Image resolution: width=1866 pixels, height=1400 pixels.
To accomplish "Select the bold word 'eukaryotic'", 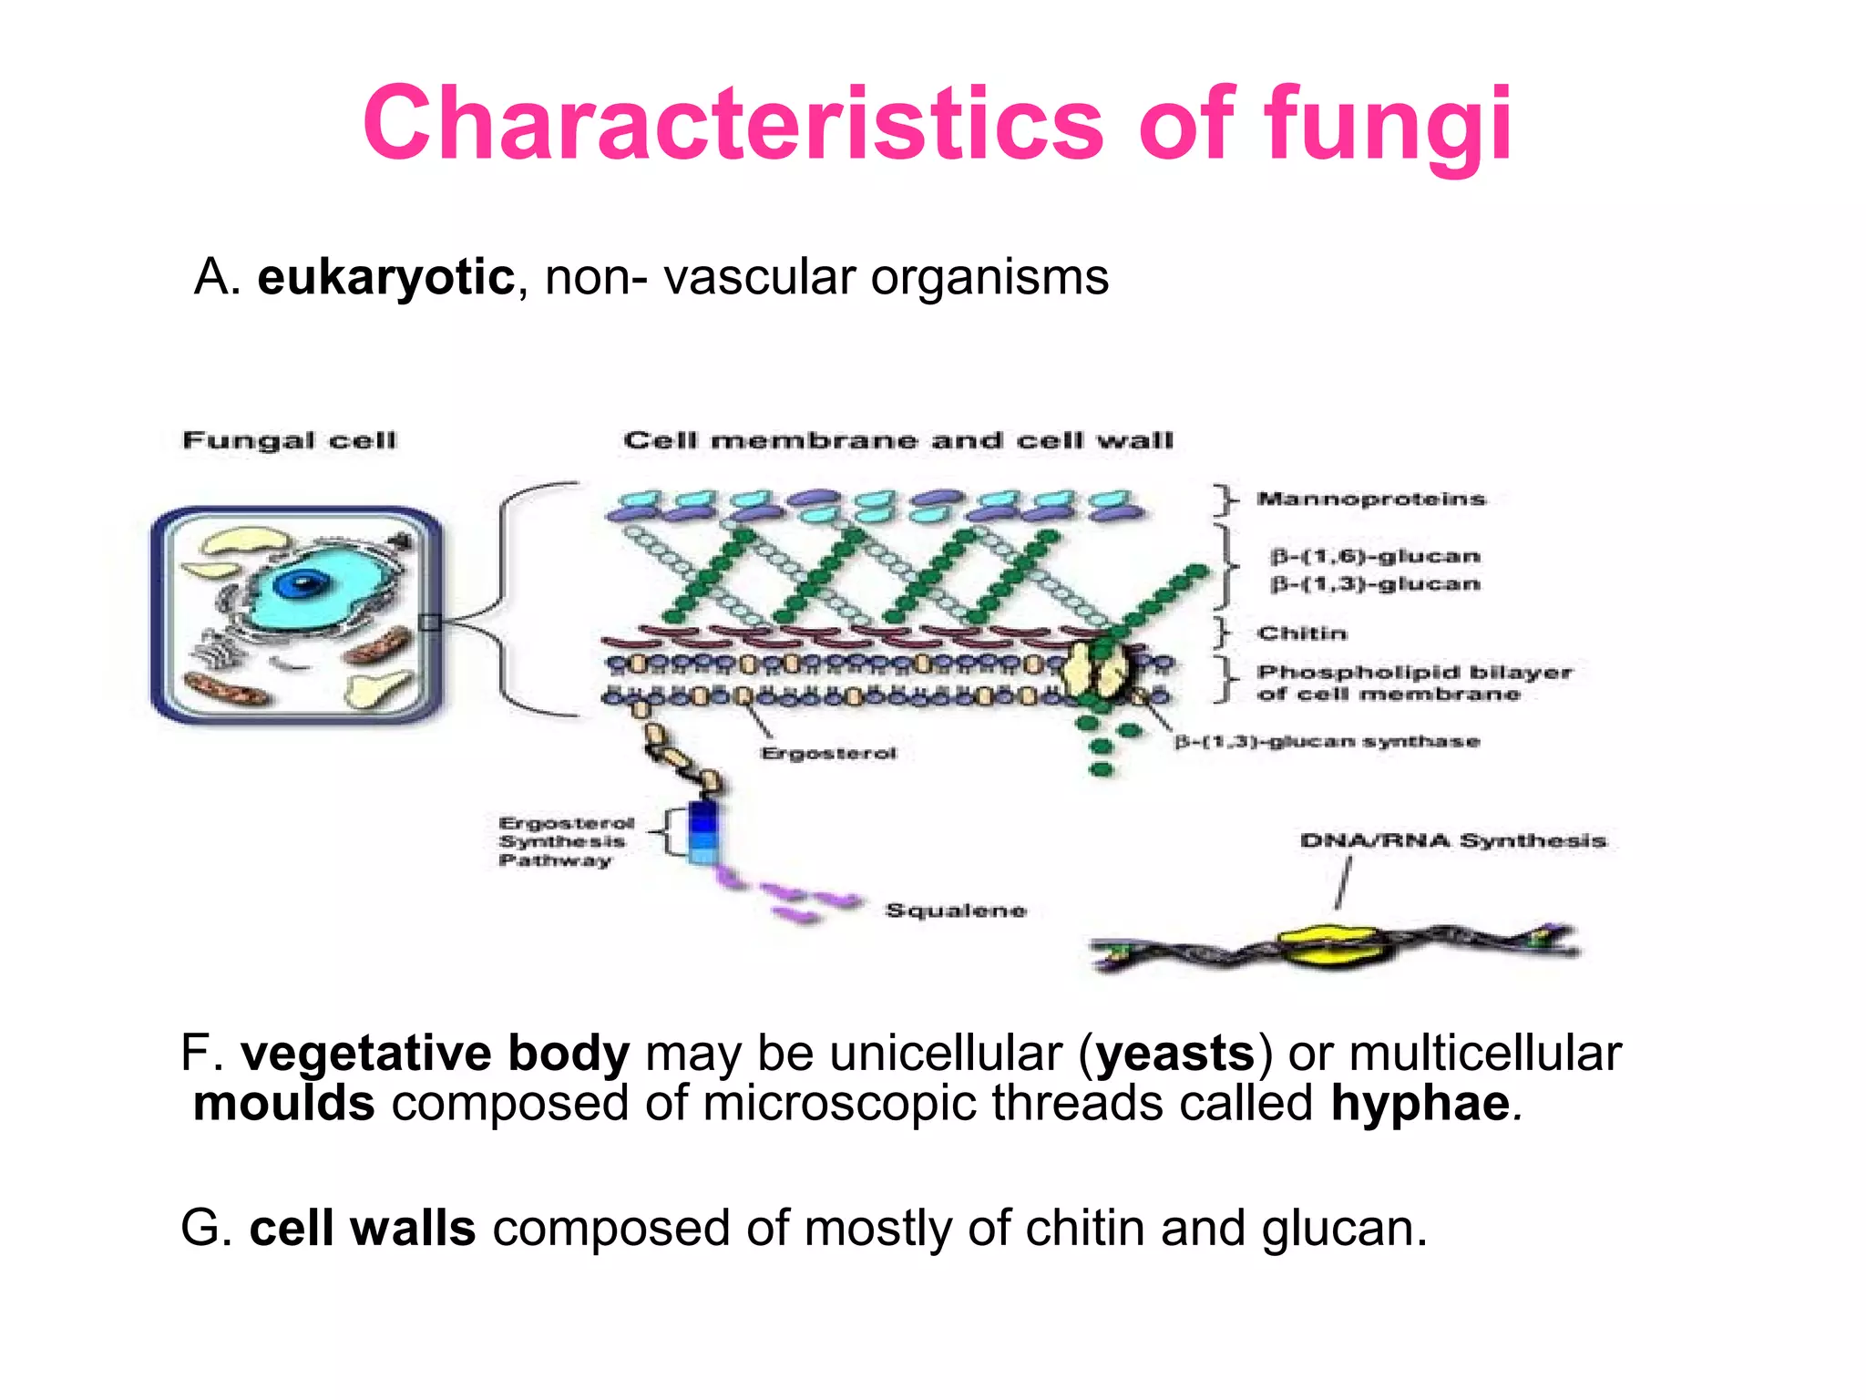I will [385, 277].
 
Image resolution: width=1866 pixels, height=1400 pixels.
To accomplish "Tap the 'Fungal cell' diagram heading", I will [290, 440].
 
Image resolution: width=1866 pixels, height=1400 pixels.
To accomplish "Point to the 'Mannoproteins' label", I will [1370, 499].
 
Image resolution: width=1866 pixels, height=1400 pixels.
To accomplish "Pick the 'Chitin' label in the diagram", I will [1301, 633].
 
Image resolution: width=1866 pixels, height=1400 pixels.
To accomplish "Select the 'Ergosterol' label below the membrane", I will [828, 753].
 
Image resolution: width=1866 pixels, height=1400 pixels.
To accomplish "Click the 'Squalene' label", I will [956, 910].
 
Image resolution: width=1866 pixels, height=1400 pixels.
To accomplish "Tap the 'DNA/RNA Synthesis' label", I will [1452, 840].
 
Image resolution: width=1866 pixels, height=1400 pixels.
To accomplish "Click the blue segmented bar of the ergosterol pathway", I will [703, 832].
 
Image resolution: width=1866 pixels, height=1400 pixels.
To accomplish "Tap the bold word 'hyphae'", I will [1420, 1103].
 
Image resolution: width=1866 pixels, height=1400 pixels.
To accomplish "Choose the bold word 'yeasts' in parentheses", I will [1175, 1053].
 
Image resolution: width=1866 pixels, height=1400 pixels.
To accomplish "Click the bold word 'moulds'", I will [284, 1103].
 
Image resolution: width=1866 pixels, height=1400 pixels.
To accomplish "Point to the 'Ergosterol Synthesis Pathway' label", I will [565, 841].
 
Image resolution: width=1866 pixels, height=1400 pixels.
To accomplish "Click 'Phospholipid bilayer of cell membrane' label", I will [1413, 683].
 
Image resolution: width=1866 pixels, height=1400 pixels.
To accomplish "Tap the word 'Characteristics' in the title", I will [733, 125].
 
